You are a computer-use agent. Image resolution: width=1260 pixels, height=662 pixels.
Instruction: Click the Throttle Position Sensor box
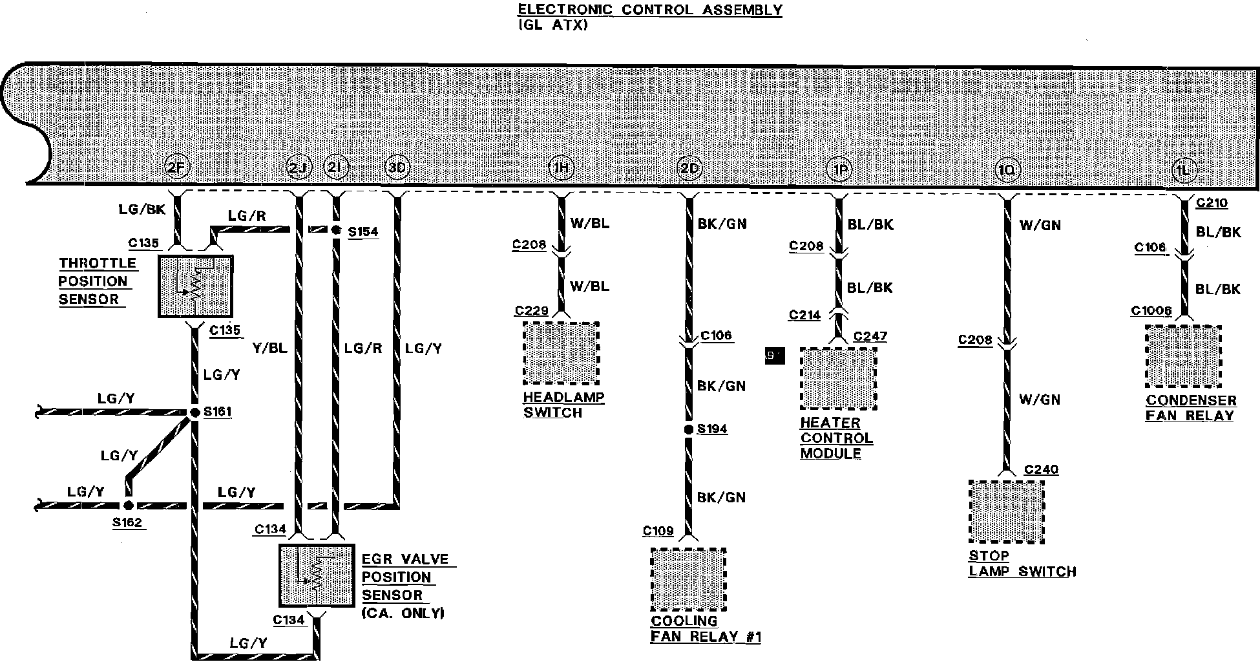(x=195, y=286)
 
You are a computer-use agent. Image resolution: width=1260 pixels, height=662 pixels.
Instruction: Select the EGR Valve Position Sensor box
(x=317, y=575)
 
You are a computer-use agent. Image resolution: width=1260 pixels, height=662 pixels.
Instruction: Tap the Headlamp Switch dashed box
(x=561, y=354)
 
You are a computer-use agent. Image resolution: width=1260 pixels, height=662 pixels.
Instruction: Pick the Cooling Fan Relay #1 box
(x=688, y=579)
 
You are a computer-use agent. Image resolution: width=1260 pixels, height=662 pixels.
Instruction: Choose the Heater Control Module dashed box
(x=839, y=378)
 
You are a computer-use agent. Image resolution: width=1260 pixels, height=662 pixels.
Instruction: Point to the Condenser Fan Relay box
(x=1184, y=356)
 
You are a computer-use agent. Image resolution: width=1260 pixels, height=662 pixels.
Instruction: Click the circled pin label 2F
(x=177, y=168)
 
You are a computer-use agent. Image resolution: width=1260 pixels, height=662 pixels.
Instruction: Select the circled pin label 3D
(x=397, y=168)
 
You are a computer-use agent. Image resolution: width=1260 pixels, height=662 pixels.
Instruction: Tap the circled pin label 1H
(x=561, y=169)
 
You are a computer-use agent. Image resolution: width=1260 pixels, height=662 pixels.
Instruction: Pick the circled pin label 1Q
(x=1007, y=170)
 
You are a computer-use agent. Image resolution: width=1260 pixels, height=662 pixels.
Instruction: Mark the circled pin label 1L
(x=1184, y=170)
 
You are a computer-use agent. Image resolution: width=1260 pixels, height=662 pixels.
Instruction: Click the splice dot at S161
(x=194, y=412)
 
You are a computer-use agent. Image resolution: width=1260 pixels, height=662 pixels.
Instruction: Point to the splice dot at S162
(x=128, y=506)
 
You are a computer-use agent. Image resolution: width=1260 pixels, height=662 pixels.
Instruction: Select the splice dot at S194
(x=689, y=429)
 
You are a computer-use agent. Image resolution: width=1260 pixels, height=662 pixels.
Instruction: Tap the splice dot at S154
(x=335, y=230)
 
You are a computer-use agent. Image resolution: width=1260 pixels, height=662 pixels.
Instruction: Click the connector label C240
(x=1041, y=469)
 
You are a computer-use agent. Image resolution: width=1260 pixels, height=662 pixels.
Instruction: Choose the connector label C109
(x=658, y=531)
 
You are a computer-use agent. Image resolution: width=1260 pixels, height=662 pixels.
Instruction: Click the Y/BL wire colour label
(x=269, y=348)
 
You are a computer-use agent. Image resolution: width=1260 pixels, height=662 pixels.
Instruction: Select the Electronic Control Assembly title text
(x=649, y=10)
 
